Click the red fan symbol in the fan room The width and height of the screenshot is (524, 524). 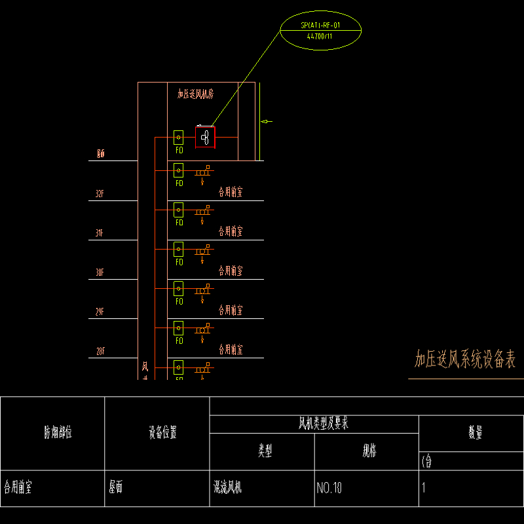coord(205,137)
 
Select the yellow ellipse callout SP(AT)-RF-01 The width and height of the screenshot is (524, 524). coord(321,30)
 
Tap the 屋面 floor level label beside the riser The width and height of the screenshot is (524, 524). coord(100,155)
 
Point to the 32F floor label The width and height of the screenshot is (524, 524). coord(100,194)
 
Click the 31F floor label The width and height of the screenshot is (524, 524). coord(100,233)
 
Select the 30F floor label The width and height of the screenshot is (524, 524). coord(100,272)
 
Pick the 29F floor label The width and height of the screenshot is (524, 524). coord(100,312)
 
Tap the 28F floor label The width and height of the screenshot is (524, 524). coord(100,351)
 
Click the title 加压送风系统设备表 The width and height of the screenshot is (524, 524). coord(465,359)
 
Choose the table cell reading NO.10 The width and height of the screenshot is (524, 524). coord(329,488)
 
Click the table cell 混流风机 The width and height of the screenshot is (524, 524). coord(227,488)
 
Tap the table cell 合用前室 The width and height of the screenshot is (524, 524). coord(19,488)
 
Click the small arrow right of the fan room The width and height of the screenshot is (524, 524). coord(267,121)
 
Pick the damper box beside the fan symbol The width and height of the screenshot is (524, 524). coord(178,138)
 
